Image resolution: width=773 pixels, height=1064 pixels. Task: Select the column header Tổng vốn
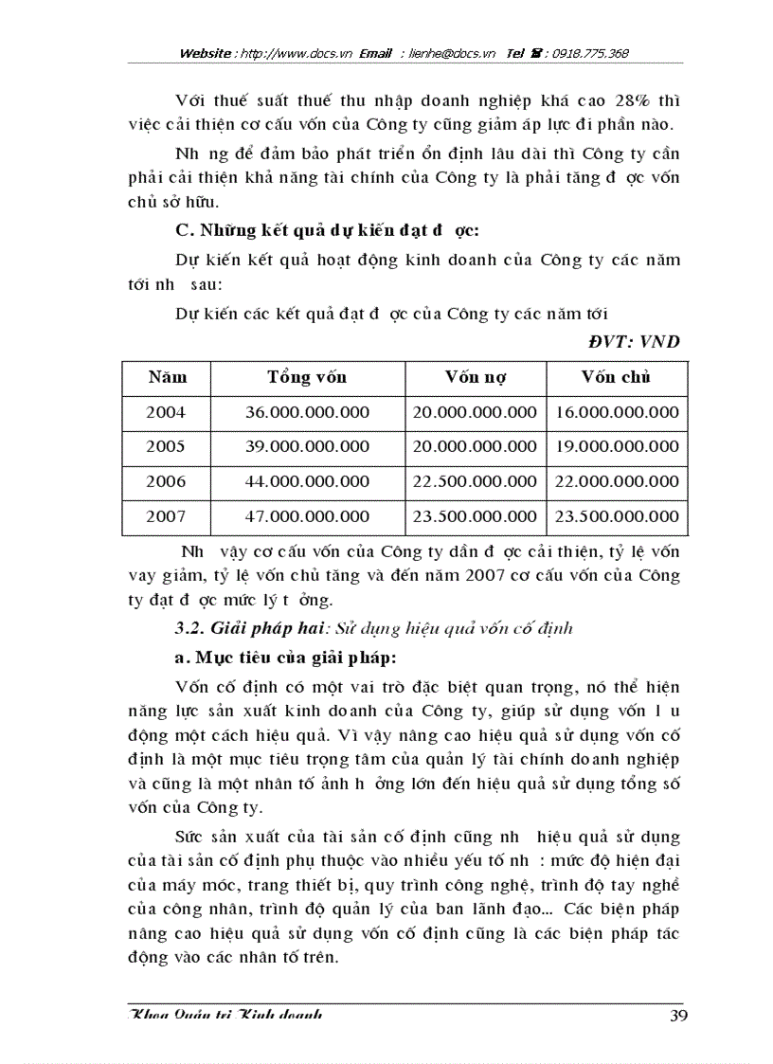tap(307, 377)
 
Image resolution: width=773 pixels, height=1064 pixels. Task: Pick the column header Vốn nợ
tap(476, 377)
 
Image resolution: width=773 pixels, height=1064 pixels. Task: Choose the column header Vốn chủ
tap(616, 377)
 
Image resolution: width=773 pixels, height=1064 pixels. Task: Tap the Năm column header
tap(167, 377)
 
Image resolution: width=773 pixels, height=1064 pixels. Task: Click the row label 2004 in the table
tap(166, 412)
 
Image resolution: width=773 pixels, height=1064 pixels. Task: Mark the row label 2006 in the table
tap(166, 481)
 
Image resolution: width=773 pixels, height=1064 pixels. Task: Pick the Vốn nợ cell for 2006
tap(476, 481)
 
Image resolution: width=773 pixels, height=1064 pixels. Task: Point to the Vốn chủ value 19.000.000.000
tap(617, 446)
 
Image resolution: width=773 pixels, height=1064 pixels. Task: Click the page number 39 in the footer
tap(677, 1016)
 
